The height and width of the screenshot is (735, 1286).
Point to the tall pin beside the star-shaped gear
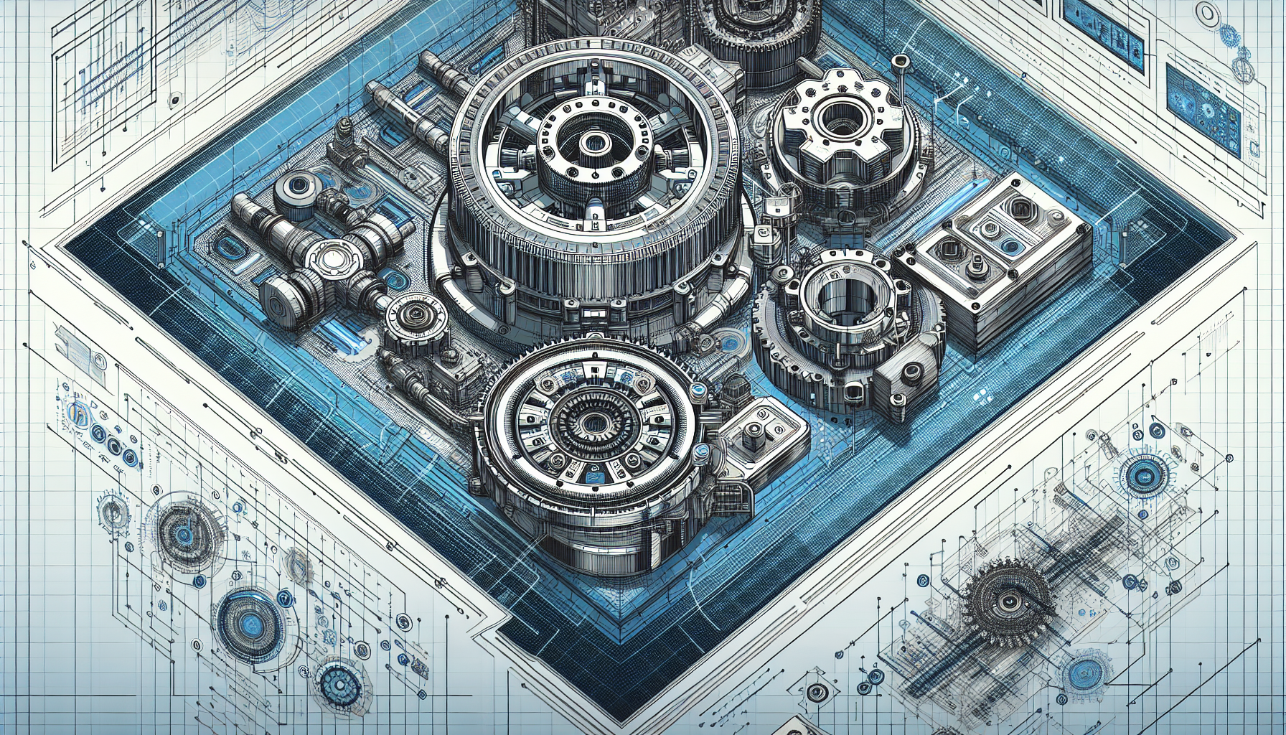coord(902,68)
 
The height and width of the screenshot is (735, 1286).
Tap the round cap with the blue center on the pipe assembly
coord(296,188)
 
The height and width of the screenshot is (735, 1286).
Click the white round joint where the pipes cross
coord(332,258)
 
